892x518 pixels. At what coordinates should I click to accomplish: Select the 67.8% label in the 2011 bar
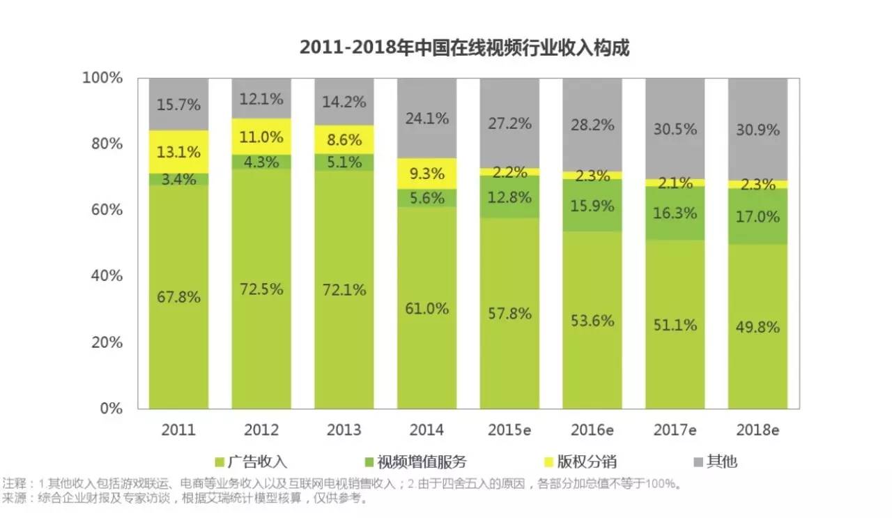click(178, 297)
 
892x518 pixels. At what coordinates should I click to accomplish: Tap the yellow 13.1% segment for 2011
click(178, 152)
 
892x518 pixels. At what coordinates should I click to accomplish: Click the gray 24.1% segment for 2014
click(427, 119)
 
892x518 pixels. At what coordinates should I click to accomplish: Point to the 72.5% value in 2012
click(261, 289)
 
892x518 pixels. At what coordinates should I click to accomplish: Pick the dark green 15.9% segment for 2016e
click(592, 206)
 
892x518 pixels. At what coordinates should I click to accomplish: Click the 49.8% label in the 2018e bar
click(758, 327)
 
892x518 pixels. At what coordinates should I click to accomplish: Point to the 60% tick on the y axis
click(105, 210)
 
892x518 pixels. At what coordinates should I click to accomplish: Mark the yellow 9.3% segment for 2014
click(427, 174)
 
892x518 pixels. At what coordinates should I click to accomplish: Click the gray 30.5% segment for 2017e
click(675, 129)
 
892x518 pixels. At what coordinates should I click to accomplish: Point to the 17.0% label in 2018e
click(758, 217)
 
